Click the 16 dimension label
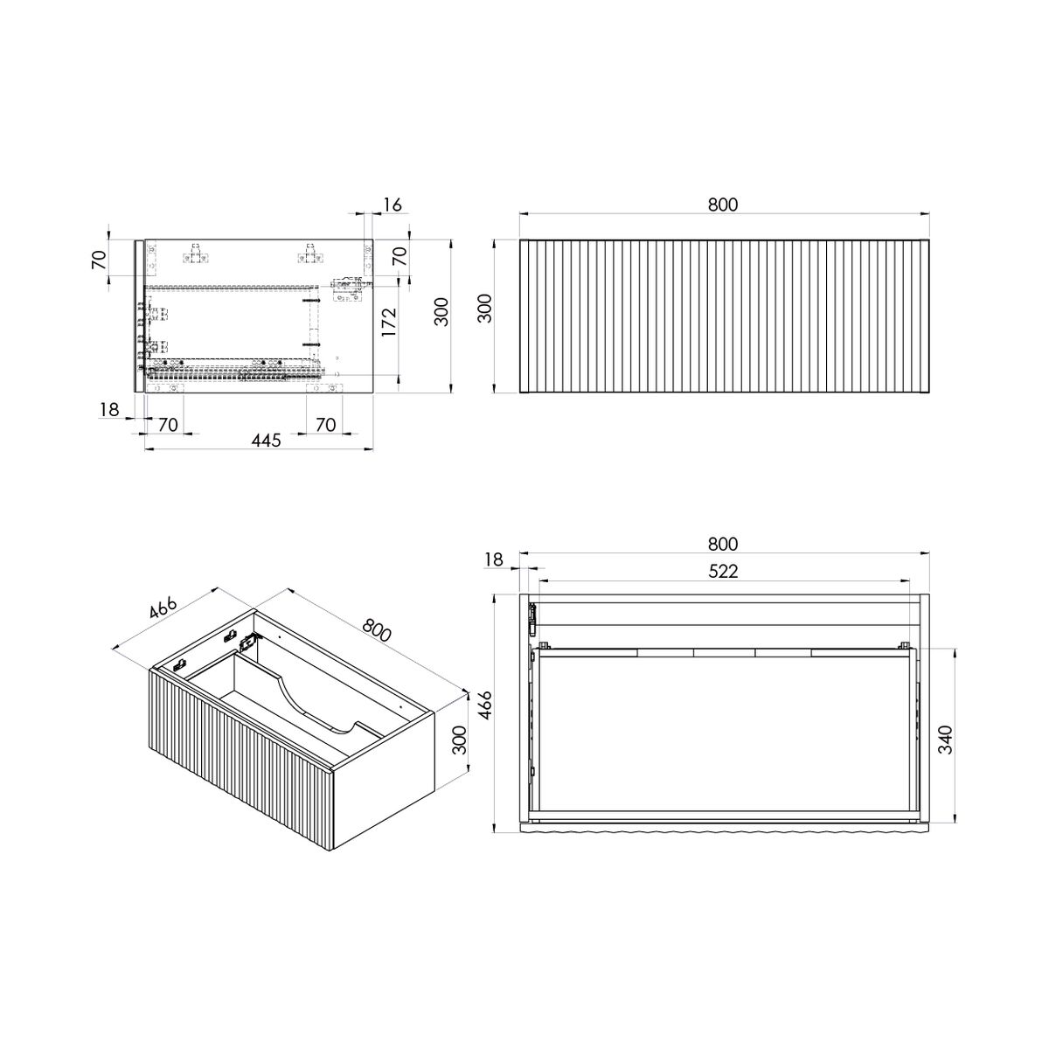coord(392,205)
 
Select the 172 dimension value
coord(389,322)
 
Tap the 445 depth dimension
coord(267,440)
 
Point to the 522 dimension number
coord(723,571)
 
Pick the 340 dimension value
coord(947,740)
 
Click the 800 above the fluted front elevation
coord(723,205)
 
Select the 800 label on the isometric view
coord(376,630)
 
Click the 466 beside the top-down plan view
coord(485,705)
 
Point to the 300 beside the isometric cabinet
coord(460,740)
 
